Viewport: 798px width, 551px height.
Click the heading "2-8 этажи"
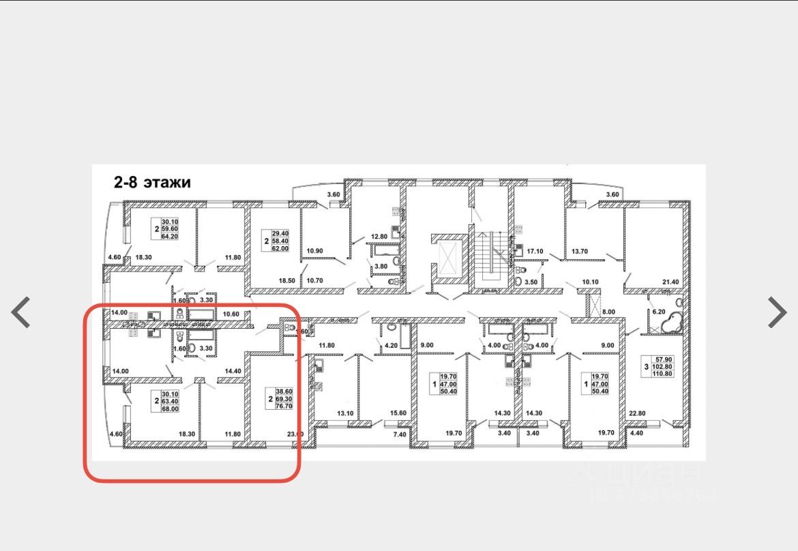point(152,183)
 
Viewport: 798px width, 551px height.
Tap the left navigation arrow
point(21,312)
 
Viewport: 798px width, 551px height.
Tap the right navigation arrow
point(777,312)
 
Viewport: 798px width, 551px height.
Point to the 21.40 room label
point(672,282)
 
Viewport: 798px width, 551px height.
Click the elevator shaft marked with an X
point(448,258)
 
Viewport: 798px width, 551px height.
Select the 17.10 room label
point(535,251)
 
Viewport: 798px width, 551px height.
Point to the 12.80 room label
point(379,237)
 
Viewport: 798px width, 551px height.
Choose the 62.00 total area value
point(281,249)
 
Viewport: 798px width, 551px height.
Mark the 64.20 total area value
point(169,236)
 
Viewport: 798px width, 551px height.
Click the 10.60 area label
point(232,314)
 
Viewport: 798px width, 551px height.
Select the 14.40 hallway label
point(233,371)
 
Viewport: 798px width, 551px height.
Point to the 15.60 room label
point(398,413)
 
